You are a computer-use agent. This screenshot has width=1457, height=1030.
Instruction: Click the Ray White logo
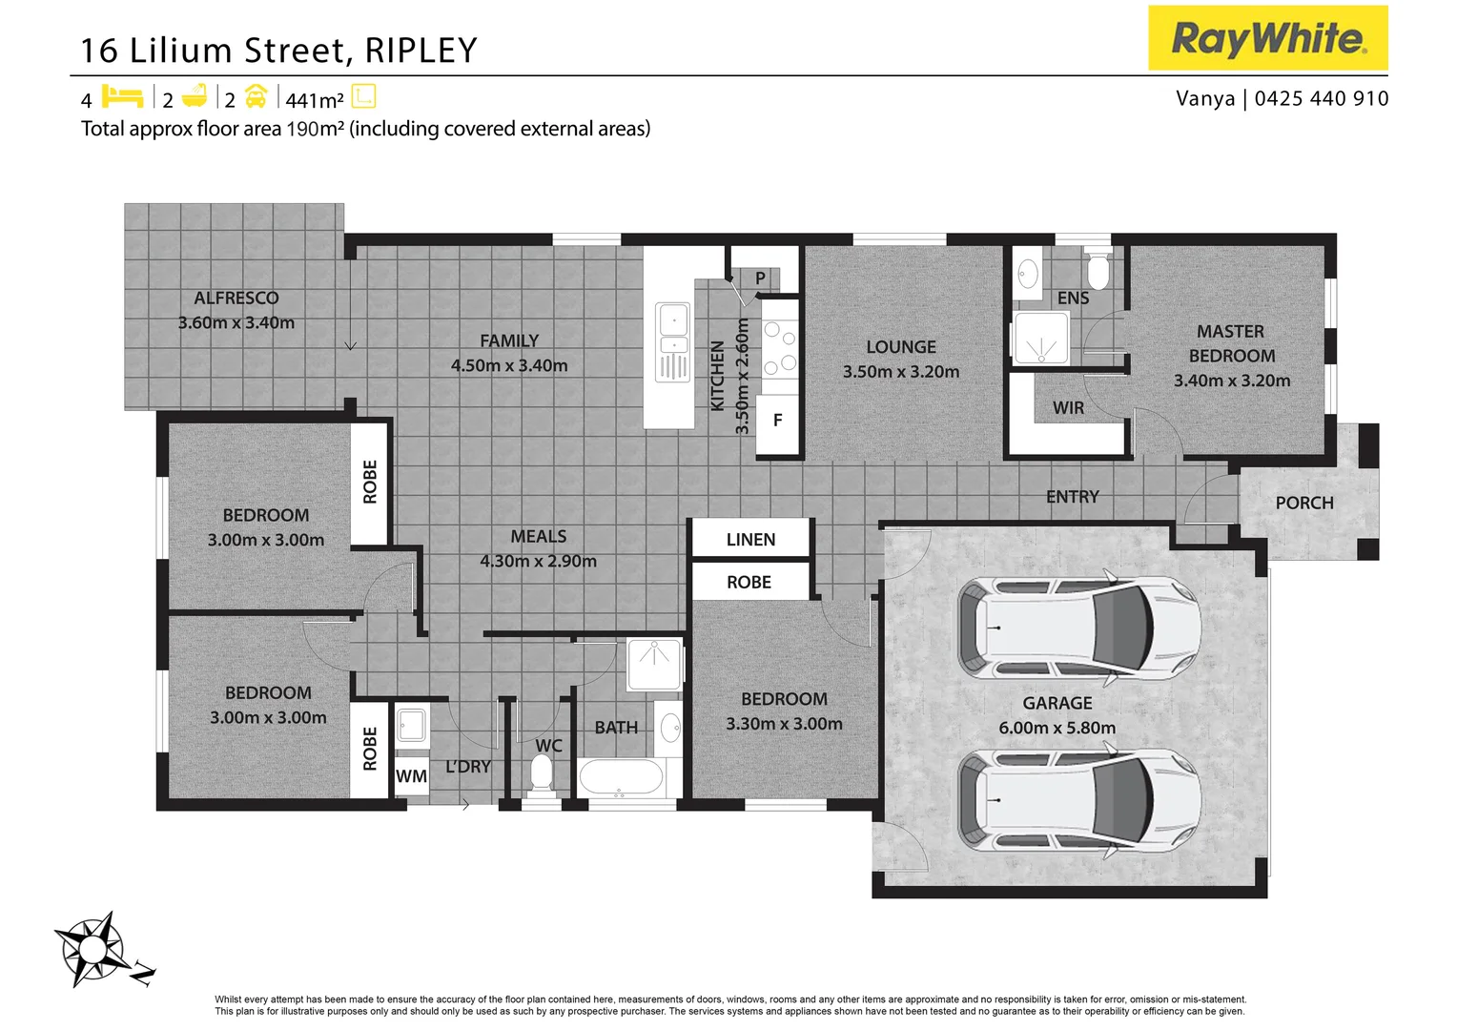[x=1267, y=38]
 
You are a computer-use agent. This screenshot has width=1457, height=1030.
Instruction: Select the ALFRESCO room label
[x=236, y=299]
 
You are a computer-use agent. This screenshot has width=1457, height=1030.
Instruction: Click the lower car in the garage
[x=1078, y=800]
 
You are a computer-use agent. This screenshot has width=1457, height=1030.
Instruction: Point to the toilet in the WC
[x=542, y=772]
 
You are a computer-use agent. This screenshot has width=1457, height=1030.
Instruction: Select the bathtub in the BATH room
[x=620, y=777]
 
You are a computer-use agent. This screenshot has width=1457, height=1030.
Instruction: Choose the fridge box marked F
[x=777, y=421]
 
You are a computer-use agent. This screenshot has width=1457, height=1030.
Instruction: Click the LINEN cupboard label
[x=750, y=540]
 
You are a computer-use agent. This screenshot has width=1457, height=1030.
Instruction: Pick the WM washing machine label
[x=411, y=776]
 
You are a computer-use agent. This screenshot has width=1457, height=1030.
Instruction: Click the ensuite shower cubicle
[x=1040, y=338]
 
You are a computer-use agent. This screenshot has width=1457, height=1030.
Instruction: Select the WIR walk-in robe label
[x=1068, y=408]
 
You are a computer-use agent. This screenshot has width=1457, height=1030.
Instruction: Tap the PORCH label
[x=1303, y=503]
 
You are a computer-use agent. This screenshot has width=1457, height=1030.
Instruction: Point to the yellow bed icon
[x=121, y=97]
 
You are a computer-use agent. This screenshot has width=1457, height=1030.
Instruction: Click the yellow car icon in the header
[x=256, y=97]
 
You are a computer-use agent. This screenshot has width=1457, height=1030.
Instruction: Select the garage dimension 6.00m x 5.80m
[x=1057, y=728]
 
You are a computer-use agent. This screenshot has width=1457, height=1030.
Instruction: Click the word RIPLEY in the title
[x=421, y=51]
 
